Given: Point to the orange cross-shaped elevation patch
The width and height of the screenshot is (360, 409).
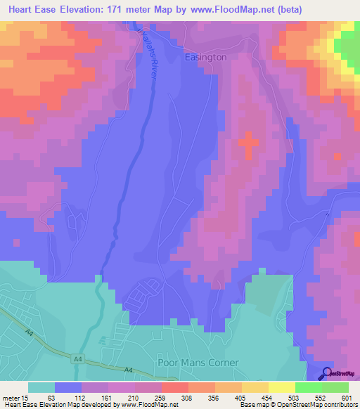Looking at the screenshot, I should click(248, 145).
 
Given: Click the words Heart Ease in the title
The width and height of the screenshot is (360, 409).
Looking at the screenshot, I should click(35, 8).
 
